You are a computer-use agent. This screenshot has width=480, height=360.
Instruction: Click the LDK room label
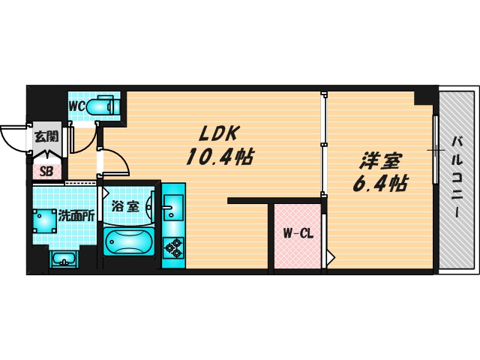pos(218,133)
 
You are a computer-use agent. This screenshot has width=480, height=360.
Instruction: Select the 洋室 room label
pos(381,160)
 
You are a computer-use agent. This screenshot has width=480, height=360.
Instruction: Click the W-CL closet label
pos(297,233)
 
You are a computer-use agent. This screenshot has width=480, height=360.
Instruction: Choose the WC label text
pos(77,106)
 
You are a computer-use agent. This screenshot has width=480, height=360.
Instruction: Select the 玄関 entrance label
pos(45,136)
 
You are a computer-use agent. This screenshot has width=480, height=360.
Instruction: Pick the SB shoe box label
pos(46,172)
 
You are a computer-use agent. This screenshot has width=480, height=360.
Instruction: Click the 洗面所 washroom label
pos(77,214)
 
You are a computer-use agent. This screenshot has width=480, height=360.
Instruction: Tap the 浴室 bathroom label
pos(124,206)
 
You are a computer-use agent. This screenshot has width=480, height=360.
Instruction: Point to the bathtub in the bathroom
pos(129,243)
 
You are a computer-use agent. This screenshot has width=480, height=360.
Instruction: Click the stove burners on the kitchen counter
pos(174,246)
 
